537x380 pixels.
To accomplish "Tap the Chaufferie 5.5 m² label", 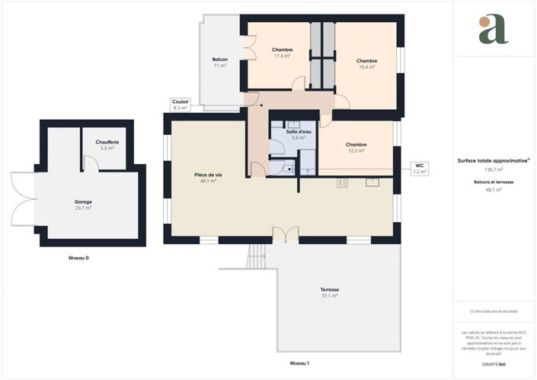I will (107, 145).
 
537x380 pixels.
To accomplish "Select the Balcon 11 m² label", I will (220, 63).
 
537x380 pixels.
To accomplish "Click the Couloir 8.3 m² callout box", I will (181, 105).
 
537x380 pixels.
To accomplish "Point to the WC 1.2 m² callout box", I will (419, 169).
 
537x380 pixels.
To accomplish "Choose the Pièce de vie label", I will (208, 178).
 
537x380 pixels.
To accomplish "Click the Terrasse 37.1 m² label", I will (329, 292).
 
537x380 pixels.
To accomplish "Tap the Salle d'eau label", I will (297, 134).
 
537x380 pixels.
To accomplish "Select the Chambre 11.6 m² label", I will (283, 53).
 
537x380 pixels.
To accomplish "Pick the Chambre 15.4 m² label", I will (367, 63).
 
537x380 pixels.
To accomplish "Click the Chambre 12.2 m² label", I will (356, 147).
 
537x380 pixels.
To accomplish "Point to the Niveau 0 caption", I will (78, 258).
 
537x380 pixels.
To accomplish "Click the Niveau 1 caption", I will (299, 362).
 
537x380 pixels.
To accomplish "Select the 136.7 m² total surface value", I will (494, 169).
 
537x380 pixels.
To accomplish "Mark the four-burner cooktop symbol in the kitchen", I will (343, 182).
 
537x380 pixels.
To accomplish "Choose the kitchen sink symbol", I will (372, 182).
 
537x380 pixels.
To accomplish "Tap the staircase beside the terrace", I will (258, 256).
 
